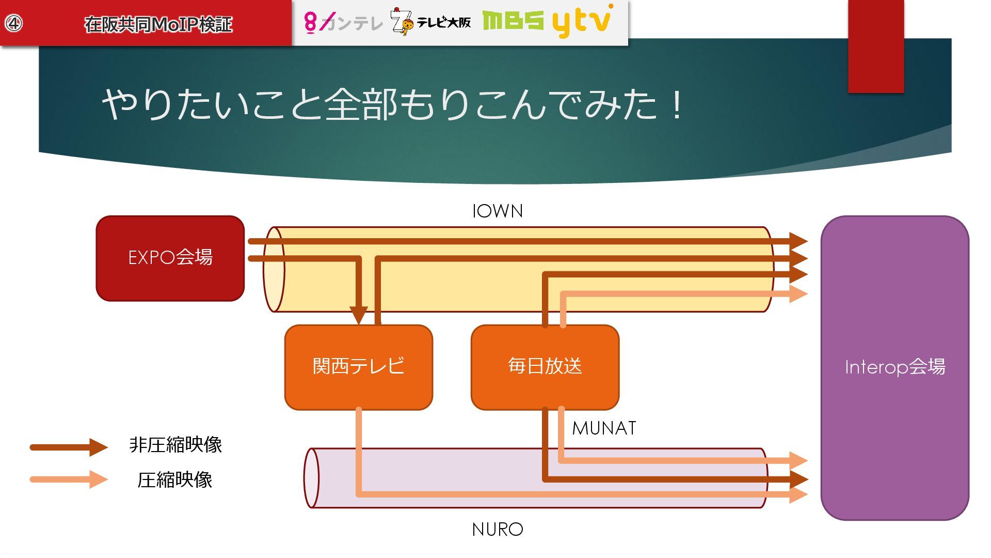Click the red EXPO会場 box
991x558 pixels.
pos(170,258)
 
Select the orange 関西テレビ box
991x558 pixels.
pos(358,367)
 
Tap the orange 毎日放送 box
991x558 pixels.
pos(545,367)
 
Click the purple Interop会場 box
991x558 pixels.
pos(894,367)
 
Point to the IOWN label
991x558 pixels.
pos(498,211)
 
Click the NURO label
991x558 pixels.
pos(498,530)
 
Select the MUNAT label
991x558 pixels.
pos(604,428)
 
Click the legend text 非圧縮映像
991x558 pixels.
pos(175,445)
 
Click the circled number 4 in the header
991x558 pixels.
pos(14,23)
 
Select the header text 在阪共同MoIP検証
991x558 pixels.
pos(158,24)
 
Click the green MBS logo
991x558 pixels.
pos(513,21)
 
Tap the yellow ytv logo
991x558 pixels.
pos(582,22)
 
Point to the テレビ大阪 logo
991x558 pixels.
pos(431,22)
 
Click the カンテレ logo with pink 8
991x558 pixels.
pos(343,22)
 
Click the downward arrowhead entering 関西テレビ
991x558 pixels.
pos(358,315)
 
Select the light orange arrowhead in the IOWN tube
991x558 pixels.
pos(798,294)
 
